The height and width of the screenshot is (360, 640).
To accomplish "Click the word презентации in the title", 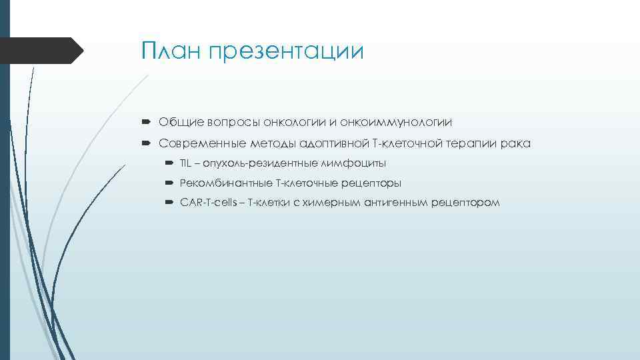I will click(x=287, y=52).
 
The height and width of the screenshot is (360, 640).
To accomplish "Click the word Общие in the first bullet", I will click(x=177, y=122).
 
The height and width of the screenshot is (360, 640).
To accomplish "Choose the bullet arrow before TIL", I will click(x=168, y=163).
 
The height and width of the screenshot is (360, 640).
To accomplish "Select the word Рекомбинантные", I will click(x=222, y=183).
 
